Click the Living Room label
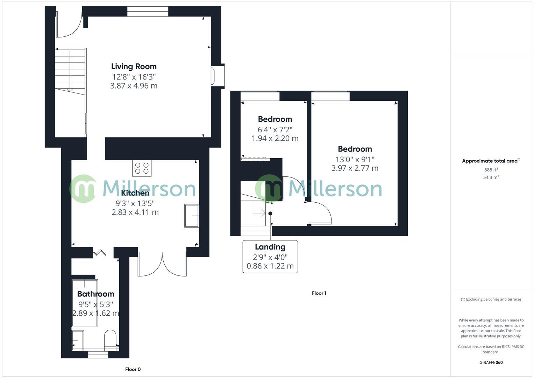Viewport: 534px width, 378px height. click(x=134, y=66)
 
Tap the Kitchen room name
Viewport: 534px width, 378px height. click(x=135, y=193)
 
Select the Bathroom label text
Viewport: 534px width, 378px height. click(x=95, y=294)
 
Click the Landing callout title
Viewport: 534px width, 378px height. click(x=270, y=247)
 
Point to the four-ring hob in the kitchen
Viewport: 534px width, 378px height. click(x=142, y=168)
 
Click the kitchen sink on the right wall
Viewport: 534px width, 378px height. click(x=191, y=216)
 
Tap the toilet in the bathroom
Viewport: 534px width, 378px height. click(x=110, y=340)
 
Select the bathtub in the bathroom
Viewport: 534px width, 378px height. click(x=85, y=303)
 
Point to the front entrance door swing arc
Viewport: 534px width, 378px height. click(x=69, y=27)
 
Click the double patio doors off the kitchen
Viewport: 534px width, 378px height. click(x=162, y=264)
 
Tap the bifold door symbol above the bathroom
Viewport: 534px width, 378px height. click(x=99, y=252)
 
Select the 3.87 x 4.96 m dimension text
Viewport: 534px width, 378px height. click(x=134, y=86)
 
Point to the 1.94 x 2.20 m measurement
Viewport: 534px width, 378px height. click(x=275, y=138)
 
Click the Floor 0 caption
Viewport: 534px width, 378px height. click(x=133, y=369)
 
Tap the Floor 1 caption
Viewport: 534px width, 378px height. click(x=319, y=293)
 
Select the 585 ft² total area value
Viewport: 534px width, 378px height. click(x=491, y=170)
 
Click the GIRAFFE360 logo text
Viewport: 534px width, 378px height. click(x=491, y=362)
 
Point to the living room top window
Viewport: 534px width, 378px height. click(x=148, y=12)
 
